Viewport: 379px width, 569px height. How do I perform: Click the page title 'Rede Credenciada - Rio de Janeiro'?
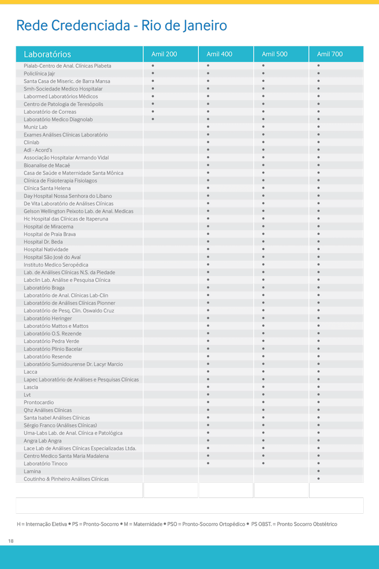click(121, 25)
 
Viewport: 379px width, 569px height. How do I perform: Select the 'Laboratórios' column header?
click(47, 54)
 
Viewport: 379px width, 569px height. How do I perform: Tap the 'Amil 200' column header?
click(164, 54)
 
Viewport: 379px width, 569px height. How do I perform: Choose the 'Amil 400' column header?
click(219, 54)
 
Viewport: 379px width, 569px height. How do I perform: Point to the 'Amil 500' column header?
click(275, 54)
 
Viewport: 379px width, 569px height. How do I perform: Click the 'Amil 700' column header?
click(330, 54)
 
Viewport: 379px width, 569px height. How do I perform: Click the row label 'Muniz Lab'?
click(35, 127)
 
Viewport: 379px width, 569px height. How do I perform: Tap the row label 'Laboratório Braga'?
click(44, 288)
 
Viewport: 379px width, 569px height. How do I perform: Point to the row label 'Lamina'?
click(32, 471)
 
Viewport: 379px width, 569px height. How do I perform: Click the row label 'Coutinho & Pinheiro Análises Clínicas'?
click(66, 479)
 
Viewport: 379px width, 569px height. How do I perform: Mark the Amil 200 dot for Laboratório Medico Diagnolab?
click(153, 119)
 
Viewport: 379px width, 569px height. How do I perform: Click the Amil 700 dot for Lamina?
click(318, 471)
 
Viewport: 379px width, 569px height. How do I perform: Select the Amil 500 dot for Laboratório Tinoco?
click(263, 463)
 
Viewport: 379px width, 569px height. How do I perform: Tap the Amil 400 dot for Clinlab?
click(208, 142)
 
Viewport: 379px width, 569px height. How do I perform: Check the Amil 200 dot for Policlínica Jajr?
click(153, 73)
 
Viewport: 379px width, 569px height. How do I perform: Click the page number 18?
click(11, 541)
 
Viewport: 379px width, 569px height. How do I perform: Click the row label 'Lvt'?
click(27, 395)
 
